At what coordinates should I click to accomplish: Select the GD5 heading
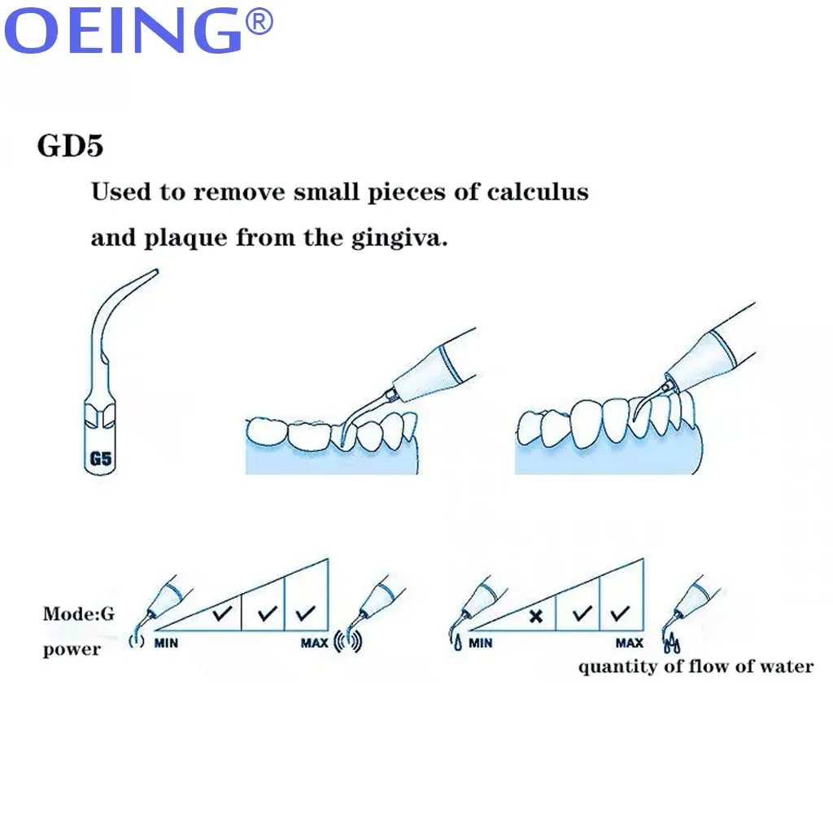tap(70, 147)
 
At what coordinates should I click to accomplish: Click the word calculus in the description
tap(538, 193)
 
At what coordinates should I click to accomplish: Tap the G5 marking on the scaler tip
tap(100, 458)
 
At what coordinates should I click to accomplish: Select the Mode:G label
tap(79, 613)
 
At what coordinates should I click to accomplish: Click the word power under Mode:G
tap(72, 649)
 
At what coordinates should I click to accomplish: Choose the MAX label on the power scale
tap(314, 643)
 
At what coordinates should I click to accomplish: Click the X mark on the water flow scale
tap(534, 616)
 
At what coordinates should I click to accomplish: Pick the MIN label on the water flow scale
tap(480, 643)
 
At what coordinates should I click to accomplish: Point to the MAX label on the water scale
tap(629, 643)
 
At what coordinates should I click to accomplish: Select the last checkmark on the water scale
tap(621, 613)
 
